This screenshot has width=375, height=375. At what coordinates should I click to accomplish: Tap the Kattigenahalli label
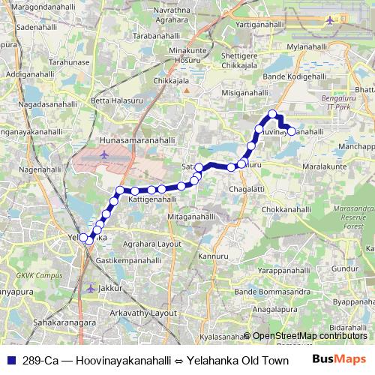[x=152, y=200]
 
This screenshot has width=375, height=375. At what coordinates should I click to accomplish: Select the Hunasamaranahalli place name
[x=137, y=139]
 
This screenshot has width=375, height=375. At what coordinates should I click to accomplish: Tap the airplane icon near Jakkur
[x=91, y=288]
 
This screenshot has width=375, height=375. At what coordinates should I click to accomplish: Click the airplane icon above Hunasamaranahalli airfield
[x=102, y=155]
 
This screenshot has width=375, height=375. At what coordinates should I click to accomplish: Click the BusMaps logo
[x=340, y=360]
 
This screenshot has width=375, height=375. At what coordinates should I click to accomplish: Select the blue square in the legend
[x=11, y=360]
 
